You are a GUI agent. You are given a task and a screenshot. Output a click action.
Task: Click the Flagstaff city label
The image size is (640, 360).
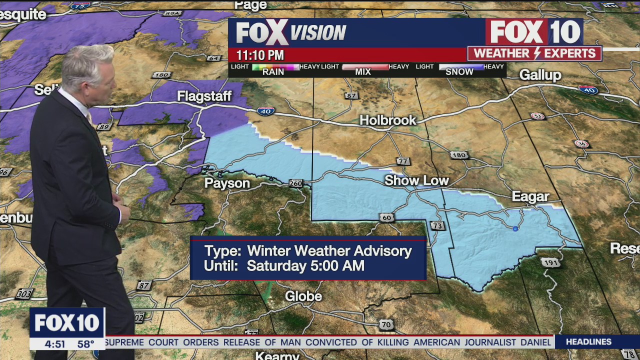204,96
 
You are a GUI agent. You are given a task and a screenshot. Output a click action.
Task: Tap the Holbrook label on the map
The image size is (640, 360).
388,120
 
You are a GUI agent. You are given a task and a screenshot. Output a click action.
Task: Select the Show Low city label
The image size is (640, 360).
416,180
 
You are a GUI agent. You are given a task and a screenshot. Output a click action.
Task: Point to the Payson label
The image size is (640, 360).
227,183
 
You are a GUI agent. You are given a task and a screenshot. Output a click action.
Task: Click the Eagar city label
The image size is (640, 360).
530,196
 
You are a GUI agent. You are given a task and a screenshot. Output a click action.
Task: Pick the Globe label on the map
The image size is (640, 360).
303,296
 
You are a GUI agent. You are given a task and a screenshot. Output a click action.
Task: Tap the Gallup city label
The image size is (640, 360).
540,75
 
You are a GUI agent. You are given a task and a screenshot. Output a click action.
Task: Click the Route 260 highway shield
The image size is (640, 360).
295,183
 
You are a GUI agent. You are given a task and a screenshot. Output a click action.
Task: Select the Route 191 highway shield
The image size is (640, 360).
550,262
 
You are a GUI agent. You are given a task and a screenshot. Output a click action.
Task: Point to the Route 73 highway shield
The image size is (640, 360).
437,226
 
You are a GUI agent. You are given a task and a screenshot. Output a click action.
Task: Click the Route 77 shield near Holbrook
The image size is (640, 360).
403,161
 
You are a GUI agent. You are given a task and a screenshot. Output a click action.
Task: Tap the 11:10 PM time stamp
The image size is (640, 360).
260,55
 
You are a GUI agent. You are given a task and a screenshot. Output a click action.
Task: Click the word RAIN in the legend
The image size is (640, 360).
273,72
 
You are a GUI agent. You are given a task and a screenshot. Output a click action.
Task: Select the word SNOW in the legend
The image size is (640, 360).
459,72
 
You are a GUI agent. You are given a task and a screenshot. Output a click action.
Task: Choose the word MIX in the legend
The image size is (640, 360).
363,72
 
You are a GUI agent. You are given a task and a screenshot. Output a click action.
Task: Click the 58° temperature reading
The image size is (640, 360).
86,344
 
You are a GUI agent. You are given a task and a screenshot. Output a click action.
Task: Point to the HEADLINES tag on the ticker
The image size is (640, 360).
588,342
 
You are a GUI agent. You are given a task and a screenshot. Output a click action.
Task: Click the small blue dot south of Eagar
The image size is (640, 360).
515,229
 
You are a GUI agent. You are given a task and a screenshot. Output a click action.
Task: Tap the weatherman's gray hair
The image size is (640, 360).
90,62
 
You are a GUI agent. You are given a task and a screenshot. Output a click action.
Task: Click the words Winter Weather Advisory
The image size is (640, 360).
329,251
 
